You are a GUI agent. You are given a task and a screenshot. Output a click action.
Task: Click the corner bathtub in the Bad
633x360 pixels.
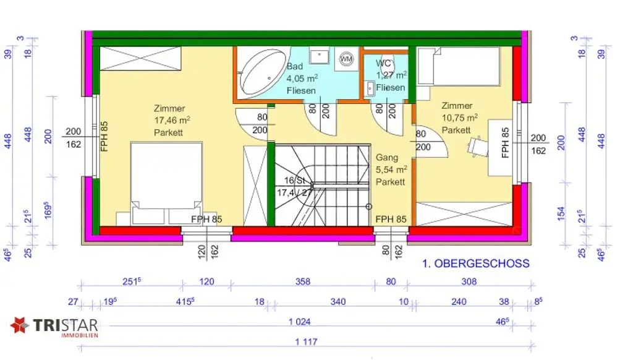[x=260, y=73]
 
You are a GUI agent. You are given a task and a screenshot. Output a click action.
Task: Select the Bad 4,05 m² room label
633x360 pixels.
[x=302, y=79]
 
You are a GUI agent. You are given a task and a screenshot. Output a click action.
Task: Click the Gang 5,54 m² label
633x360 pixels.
[x=391, y=169]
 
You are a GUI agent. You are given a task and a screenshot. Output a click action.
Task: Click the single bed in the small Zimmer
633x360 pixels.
[x=459, y=67]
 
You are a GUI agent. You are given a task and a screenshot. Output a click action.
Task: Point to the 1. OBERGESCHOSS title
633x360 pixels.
[x=476, y=264]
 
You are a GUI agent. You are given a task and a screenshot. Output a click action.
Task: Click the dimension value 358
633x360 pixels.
[x=303, y=282]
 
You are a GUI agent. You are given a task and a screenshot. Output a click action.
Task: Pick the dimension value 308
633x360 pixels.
[x=469, y=282]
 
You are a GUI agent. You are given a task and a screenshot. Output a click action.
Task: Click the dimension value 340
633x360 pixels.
[x=338, y=302]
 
